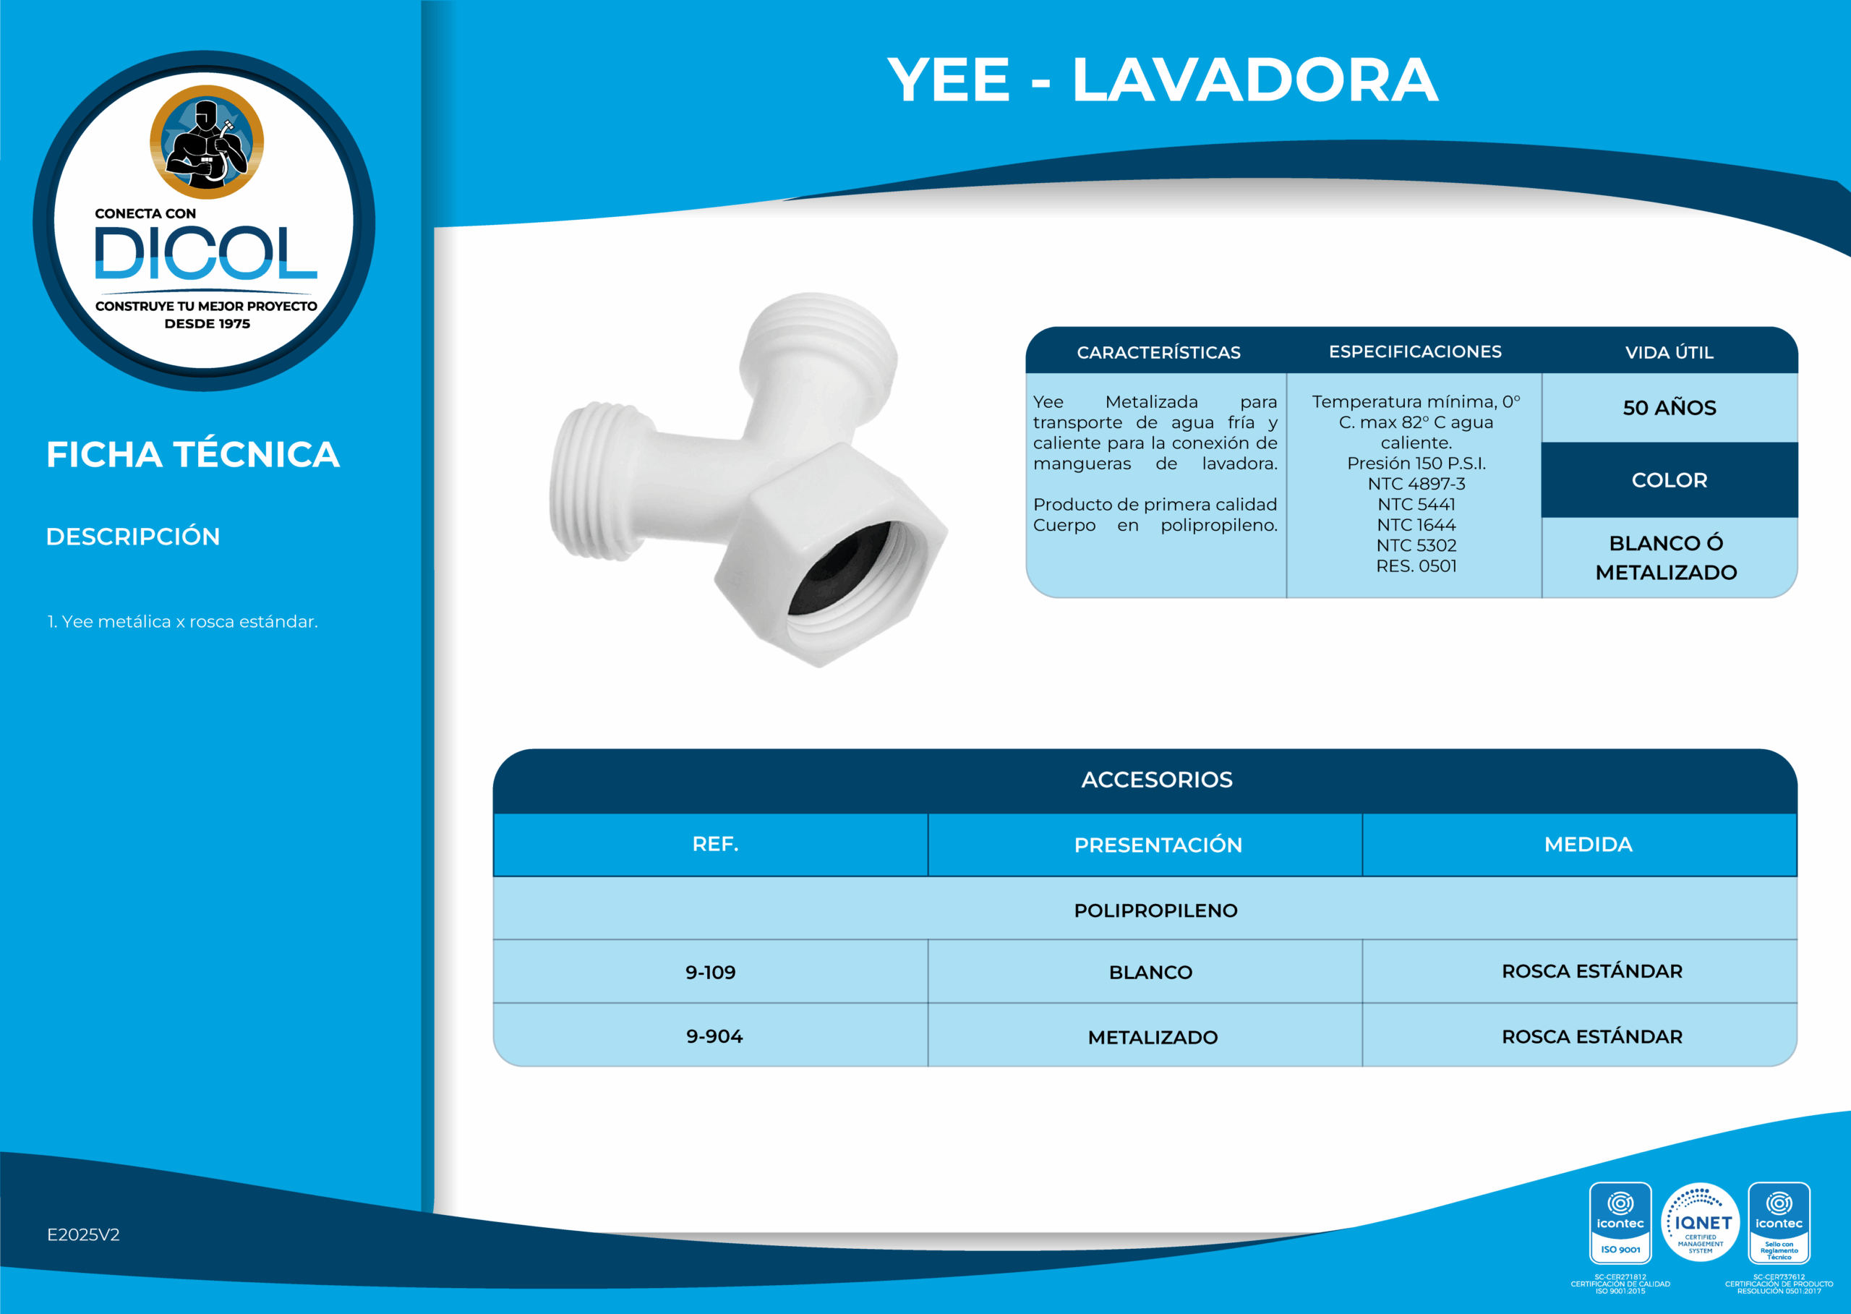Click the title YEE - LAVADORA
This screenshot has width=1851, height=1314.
pos(1162,80)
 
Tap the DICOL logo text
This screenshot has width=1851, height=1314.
pos(205,253)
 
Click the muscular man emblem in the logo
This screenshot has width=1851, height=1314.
pos(206,142)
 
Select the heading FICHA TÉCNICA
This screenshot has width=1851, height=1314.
pos(192,455)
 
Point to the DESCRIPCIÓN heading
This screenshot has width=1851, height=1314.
pos(132,537)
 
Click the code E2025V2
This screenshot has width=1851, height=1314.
pos(82,1234)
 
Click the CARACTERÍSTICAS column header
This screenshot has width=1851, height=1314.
pos(1158,353)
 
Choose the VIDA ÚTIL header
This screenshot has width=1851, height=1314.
pos(1668,353)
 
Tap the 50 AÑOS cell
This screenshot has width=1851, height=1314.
pos(1668,408)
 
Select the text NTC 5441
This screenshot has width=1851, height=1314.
pos(1416,504)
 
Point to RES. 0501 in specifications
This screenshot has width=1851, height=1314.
pos(1416,566)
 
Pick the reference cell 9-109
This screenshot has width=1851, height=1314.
pos(710,973)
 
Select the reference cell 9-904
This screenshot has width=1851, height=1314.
pos(714,1036)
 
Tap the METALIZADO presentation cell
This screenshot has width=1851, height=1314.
pos(1152,1037)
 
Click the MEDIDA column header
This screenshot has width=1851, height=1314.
pos(1587,845)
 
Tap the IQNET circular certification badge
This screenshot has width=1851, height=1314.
pos(1700,1223)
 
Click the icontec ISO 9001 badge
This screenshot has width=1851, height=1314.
pos(1620,1223)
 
